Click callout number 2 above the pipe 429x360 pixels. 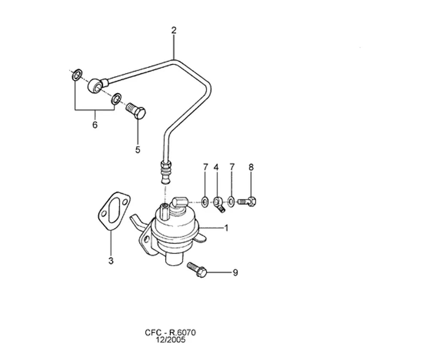[x=174, y=30]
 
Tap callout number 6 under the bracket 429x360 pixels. [x=95, y=125]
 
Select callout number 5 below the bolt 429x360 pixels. [x=138, y=150]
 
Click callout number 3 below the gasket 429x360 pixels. [x=111, y=261]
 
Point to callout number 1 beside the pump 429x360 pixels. [x=226, y=228]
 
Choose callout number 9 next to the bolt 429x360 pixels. [x=235, y=273]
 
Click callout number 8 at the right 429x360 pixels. [x=251, y=167]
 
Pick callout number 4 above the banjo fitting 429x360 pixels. [x=216, y=167]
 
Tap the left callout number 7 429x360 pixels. [x=205, y=167]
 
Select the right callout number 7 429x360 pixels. [x=232, y=167]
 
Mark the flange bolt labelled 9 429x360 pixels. [x=197, y=270]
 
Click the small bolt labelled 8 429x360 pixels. [x=247, y=202]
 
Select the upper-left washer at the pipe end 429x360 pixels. [x=77, y=75]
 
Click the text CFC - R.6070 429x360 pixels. [x=170, y=333]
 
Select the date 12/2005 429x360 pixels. [x=170, y=340]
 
